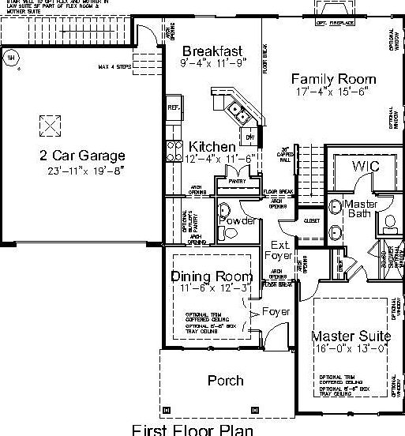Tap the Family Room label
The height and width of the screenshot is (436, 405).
click(332, 79)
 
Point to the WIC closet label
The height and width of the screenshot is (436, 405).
click(366, 167)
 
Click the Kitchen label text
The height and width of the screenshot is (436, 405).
click(212, 147)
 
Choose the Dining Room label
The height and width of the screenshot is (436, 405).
click(212, 276)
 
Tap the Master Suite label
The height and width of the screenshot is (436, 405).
click(351, 335)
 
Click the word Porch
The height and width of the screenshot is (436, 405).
click(225, 381)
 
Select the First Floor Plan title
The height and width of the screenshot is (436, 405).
click(193, 430)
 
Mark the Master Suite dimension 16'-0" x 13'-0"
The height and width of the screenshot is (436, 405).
click(351, 348)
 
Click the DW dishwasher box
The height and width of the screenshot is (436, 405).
click(249, 137)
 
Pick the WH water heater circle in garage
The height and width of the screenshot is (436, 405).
click(11, 57)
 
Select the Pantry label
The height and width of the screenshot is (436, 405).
click(238, 182)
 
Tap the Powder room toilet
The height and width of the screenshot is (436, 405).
click(223, 210)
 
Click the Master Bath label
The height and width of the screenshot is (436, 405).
click(362, 209)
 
